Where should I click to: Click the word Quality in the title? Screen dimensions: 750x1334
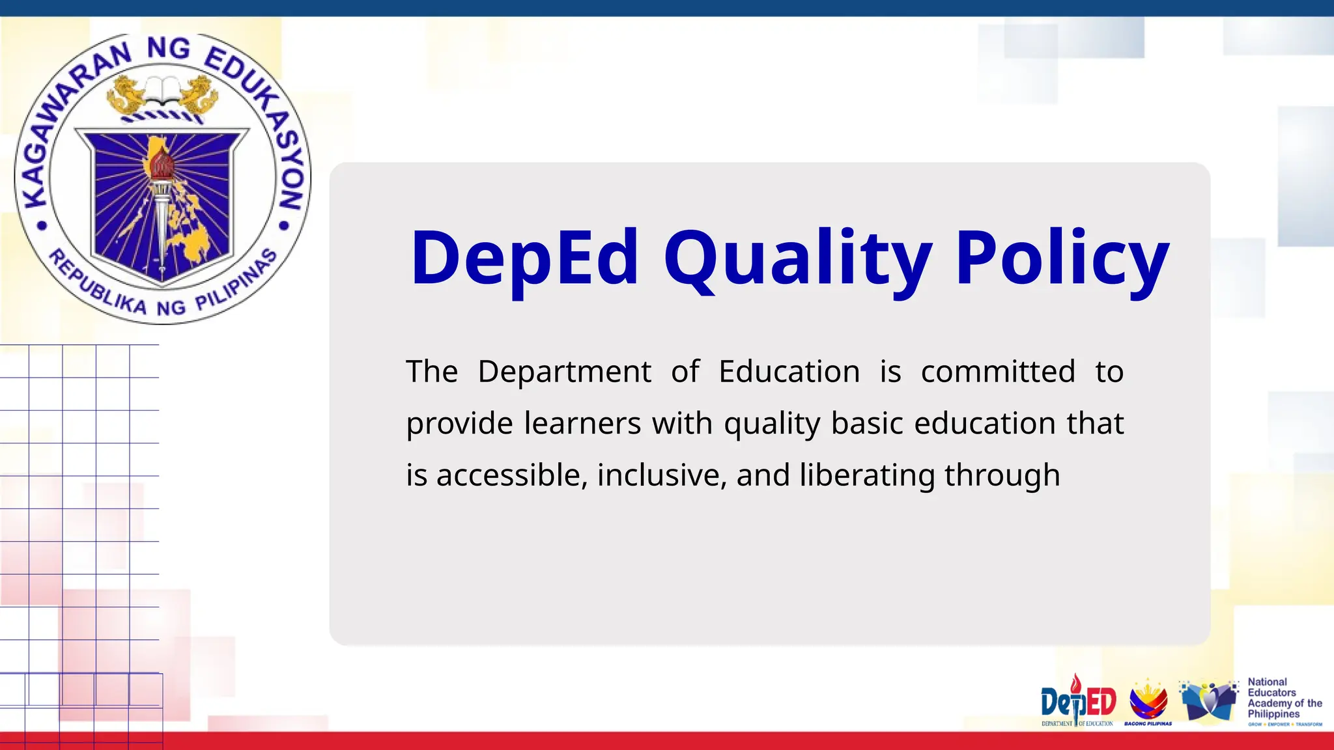pos(798,258)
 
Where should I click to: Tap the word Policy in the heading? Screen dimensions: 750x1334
pos(1062,258)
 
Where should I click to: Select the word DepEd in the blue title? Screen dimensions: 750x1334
pos(525,258)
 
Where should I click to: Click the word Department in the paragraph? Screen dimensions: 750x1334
pos(564,372)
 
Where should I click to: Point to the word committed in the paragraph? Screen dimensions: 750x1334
pos(998,372)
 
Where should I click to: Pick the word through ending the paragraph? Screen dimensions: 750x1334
pos(1002,475)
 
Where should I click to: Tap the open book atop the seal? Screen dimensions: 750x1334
pos(162,90)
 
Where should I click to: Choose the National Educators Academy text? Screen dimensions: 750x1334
pos(1283,698)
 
